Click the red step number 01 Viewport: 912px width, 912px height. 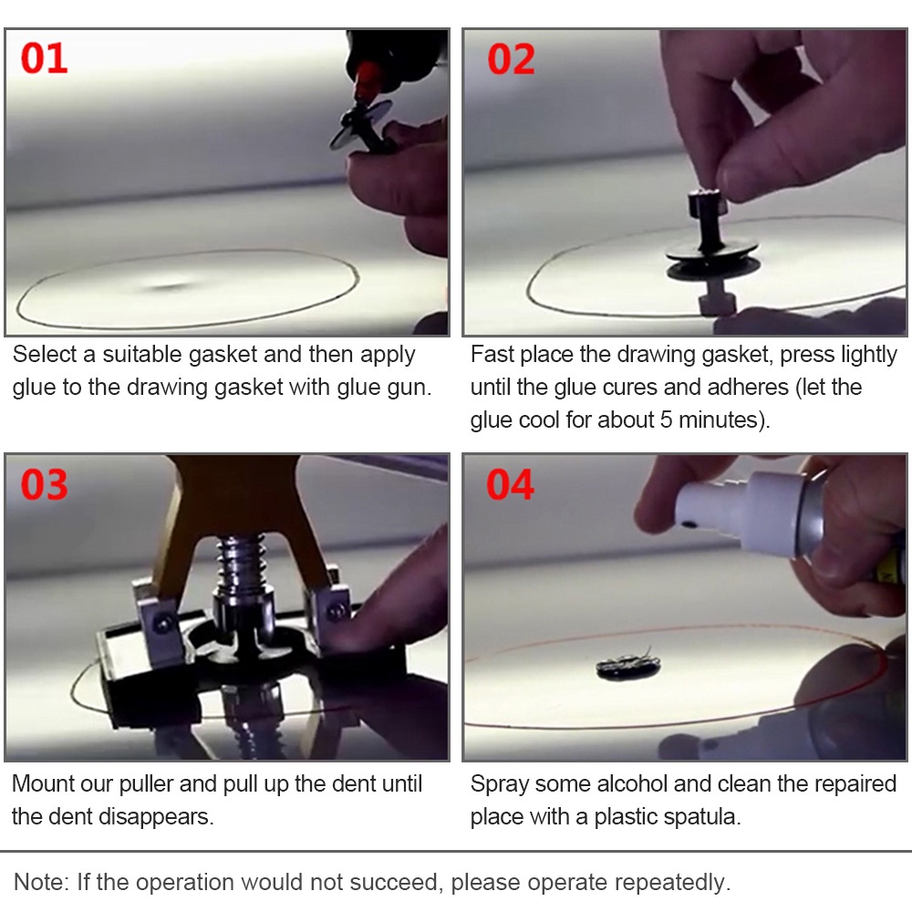coord(45,58)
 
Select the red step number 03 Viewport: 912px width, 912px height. coord(45,484)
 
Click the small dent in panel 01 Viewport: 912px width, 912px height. coord(169,285)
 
